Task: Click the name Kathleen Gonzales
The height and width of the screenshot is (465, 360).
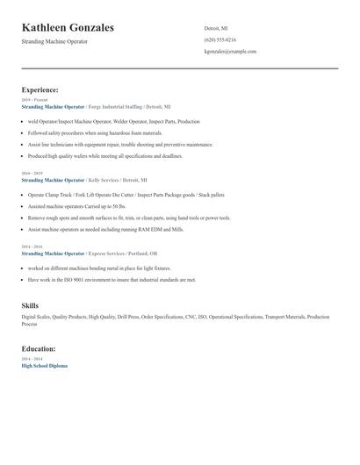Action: (x=68, y=27)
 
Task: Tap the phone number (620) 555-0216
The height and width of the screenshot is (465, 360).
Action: (x=220, y=39)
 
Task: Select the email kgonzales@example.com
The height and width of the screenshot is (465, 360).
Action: (x=230, y=52)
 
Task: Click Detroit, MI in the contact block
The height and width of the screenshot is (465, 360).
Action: (x=216, y=28)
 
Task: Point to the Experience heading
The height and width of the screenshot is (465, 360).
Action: (x=40, y=89)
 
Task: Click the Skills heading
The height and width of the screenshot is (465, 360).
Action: (x=30, y=305)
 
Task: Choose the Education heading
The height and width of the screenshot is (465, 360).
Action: (x=39, y=348)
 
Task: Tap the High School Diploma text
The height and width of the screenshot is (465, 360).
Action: (x=44, y=365)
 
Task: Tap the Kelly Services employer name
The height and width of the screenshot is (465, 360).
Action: (x=104, y=180)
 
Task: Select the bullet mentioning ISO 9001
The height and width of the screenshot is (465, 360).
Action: (x=112, y=280)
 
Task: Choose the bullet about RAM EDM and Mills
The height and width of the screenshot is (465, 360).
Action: (x=105, y=228)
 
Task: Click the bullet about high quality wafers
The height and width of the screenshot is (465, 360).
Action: (x=104, y=155)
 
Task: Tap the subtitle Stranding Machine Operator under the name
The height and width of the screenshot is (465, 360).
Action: (x=54, y=41)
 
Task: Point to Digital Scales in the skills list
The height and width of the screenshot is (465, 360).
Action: (x=36, y=317)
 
